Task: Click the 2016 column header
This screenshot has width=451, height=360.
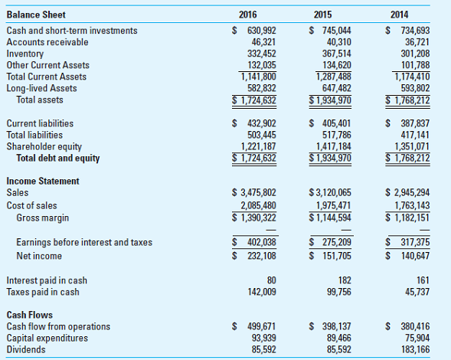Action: click(x=247, y=15)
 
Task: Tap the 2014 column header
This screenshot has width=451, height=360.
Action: click(x=399, y=15)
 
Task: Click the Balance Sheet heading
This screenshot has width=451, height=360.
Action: click(x=36, y=15)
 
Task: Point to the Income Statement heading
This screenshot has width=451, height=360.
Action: click(x=43, y=181)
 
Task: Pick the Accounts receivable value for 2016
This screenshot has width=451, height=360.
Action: click(x=263, y=42)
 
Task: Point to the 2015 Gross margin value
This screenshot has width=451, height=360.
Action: click(x=331, y=218)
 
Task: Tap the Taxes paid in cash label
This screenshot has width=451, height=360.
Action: click(x=43, y=292)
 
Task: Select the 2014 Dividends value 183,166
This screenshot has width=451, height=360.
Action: click(x=413, y=349)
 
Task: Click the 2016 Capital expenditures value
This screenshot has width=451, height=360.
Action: click(x=263, y=338)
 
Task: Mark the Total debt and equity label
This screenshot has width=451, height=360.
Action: click(x=58, y=159)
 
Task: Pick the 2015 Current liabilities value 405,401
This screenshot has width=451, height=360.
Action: click(x=330, y=123)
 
